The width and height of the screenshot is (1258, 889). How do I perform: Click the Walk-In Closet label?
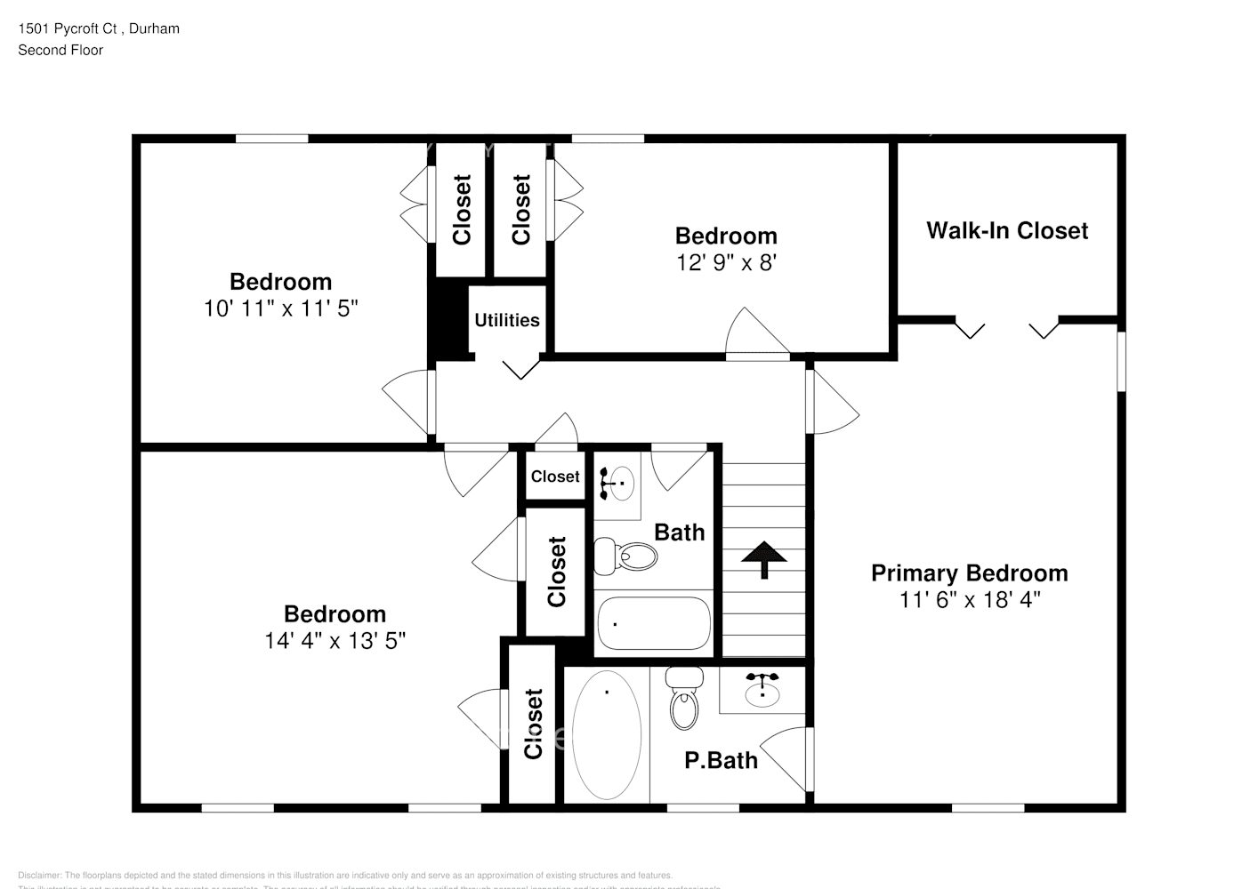1007,231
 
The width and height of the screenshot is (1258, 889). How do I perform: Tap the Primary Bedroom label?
969,573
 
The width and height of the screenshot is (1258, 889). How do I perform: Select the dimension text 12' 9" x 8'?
726,263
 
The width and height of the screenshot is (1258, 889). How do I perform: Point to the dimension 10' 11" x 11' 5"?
280,308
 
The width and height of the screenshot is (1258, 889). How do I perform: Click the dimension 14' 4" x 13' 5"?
335,640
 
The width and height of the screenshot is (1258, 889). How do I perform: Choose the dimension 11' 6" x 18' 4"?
969,600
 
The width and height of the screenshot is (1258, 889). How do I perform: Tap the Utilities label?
506,320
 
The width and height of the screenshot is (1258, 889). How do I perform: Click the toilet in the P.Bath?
683,700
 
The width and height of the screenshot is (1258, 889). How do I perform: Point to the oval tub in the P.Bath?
606,734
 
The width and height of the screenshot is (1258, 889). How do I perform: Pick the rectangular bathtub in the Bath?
654,624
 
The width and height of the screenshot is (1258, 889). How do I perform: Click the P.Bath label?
721,760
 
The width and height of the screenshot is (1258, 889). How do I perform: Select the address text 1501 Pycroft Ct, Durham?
99,28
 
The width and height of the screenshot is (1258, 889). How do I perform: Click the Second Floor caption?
60,50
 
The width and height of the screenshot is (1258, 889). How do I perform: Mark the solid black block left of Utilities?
448,320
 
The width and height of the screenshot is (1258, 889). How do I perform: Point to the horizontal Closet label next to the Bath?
555,477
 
